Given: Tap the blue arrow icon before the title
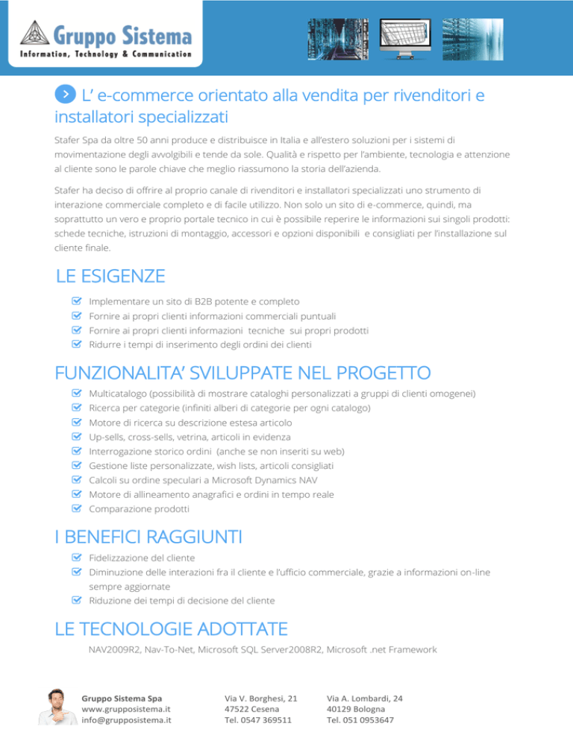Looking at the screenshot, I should pyautogui.click(x=66, y=94).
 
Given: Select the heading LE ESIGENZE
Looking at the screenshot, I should pyautogui.click(x=110, y=277).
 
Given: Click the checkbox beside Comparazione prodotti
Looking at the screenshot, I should pyautogui.click(x=75, y=508).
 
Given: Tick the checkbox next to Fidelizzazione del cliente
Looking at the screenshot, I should pyautogui.click(x=75, y=558).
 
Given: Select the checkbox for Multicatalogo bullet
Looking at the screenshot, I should pyautogui.click(x=75, y=392).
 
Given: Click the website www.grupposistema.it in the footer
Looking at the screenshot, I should pyautogui.click(x=126, y=709).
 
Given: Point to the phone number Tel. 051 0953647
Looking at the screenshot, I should pyautogui.click(x=362, y=721).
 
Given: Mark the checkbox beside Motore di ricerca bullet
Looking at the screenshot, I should pyautogui.click(x=75, y=422).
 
